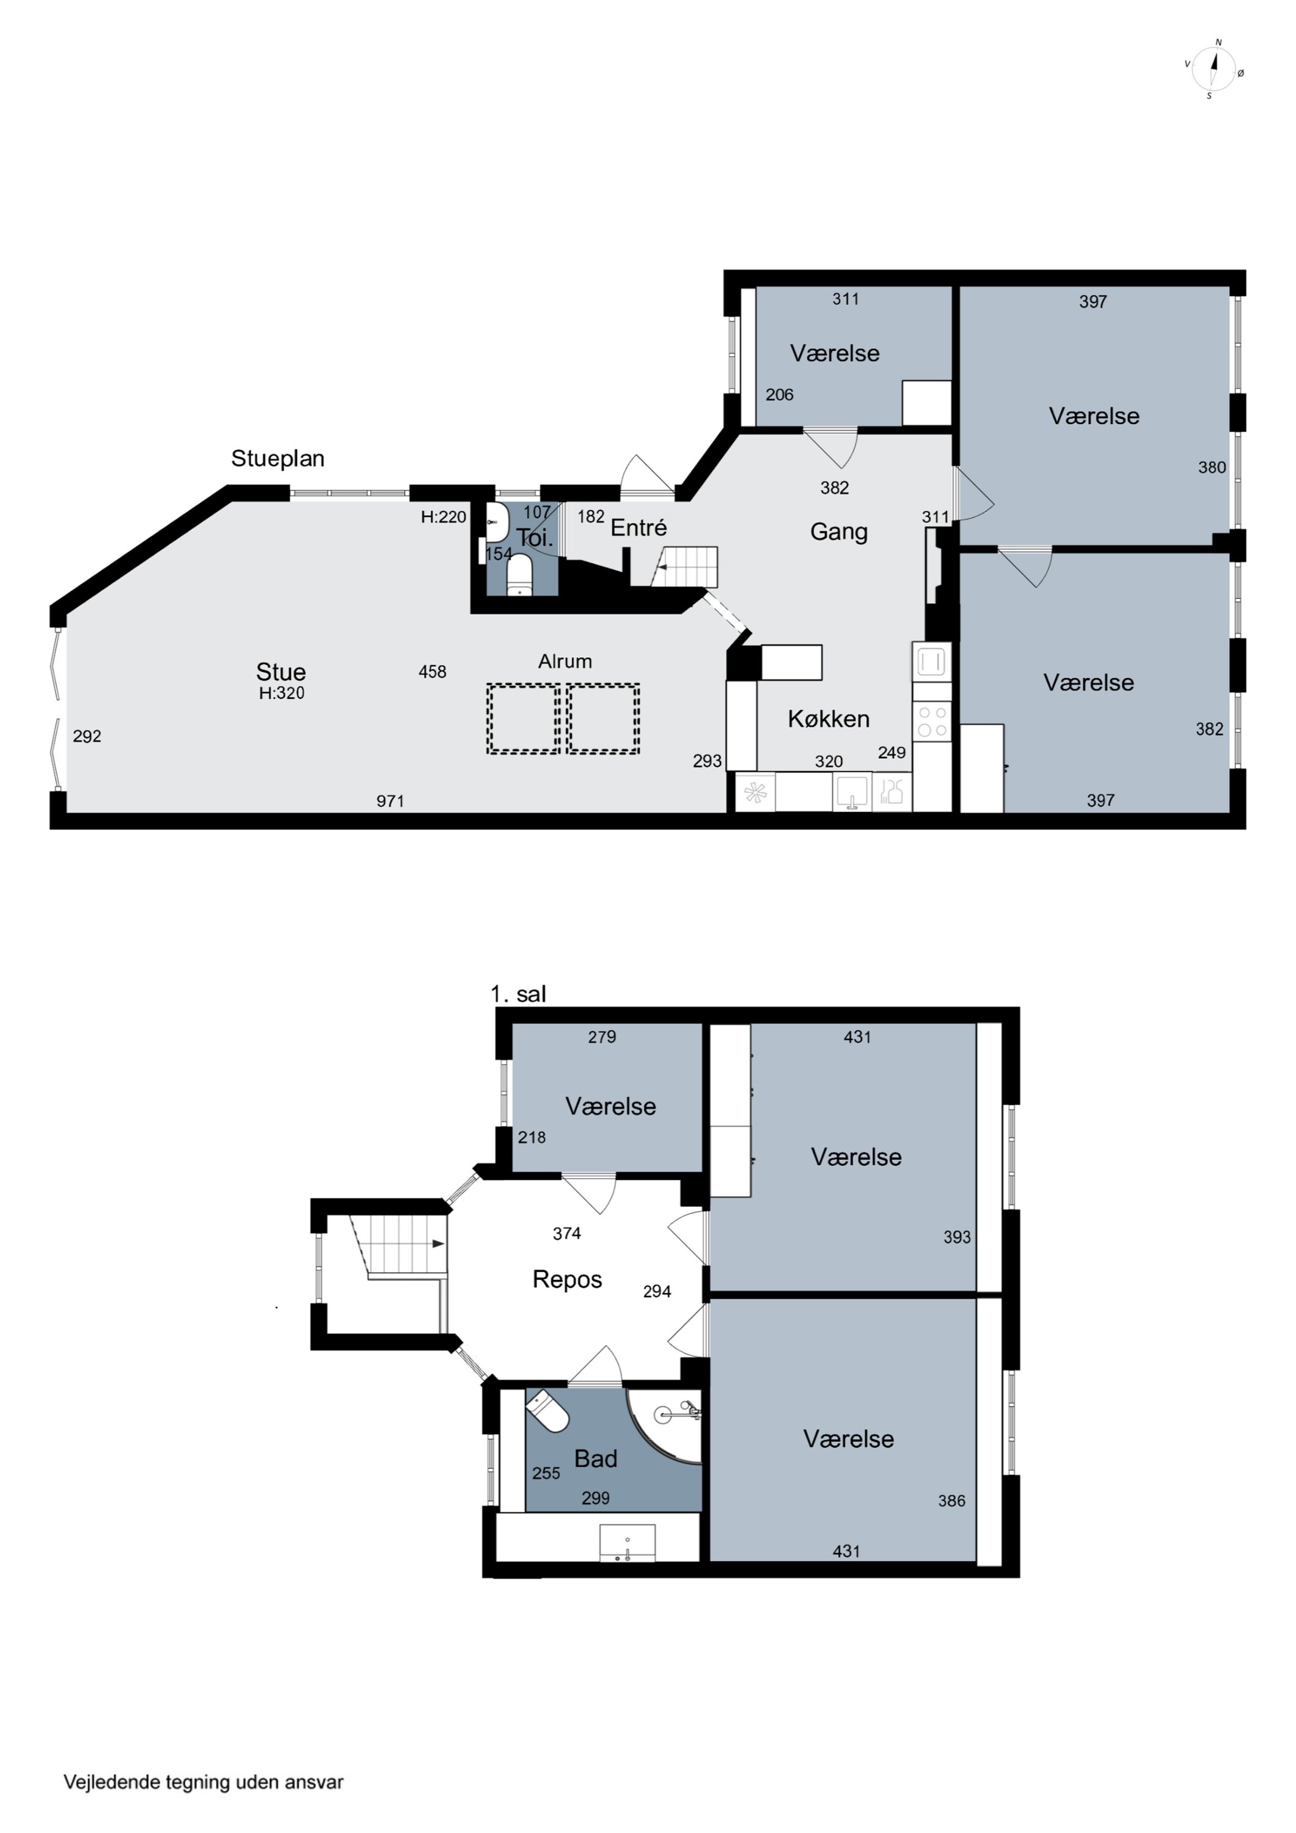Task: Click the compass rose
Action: point(1213,68)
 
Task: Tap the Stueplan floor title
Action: point(278,459)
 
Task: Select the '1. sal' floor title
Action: point(518,994)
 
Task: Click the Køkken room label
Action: point(829,719)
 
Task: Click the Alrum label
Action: point(565,661)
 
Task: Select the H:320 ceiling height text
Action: point(282,693)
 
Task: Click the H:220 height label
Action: point(444,516)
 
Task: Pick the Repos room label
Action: point(567,1279)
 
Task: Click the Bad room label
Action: point(596,1458)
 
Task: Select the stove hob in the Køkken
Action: point(932,721)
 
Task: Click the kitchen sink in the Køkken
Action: point(853,791)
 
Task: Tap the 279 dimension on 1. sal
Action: point(602,1036)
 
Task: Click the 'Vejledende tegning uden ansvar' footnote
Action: point(203,1782)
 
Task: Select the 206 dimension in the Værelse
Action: point(779,394)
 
